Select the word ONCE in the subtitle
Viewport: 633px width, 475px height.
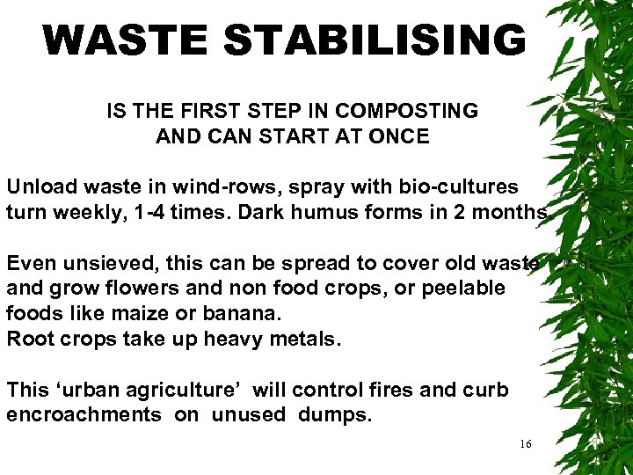399,136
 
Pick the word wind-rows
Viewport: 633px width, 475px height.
226,187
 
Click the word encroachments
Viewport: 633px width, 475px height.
84,415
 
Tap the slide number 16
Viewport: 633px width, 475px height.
525,444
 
